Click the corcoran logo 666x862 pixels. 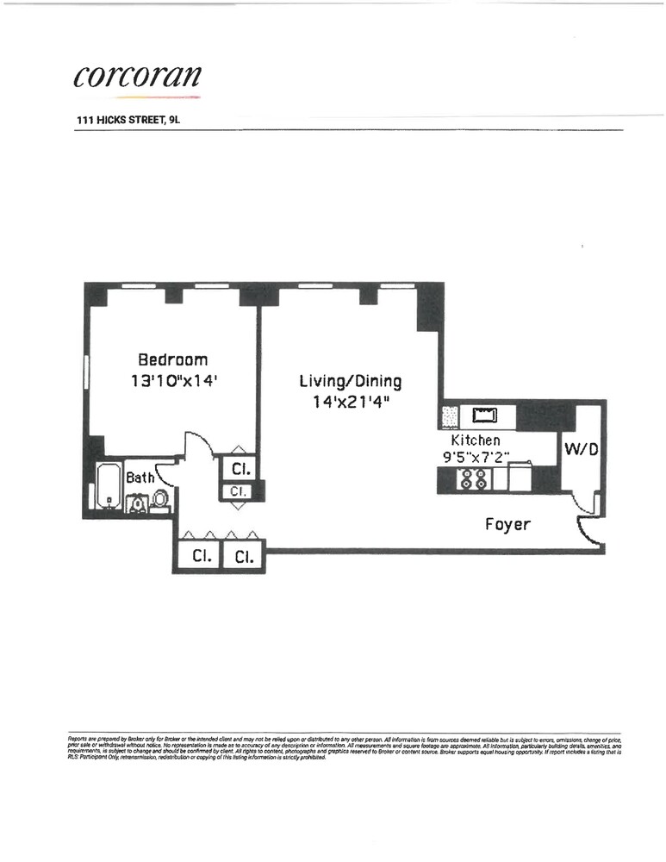tap(138, 75)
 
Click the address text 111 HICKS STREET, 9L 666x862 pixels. tap(128, 122)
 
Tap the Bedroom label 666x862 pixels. tap(173, 359)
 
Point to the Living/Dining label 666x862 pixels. tap(350, 381)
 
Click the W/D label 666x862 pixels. tap(576, 448)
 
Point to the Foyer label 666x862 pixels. tap(507, 523)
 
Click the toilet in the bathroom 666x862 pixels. tap(159, 501)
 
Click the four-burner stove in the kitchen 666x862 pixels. tap(473, 480)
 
